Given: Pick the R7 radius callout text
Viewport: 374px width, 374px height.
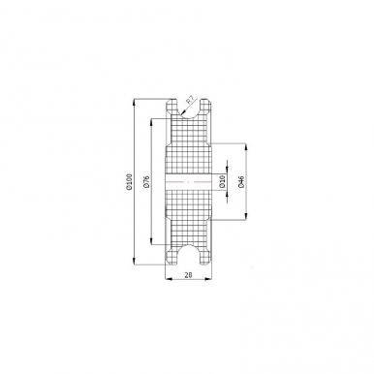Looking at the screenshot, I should pos(192,98).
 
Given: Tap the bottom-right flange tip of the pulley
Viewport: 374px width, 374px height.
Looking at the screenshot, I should pos(203,264).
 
